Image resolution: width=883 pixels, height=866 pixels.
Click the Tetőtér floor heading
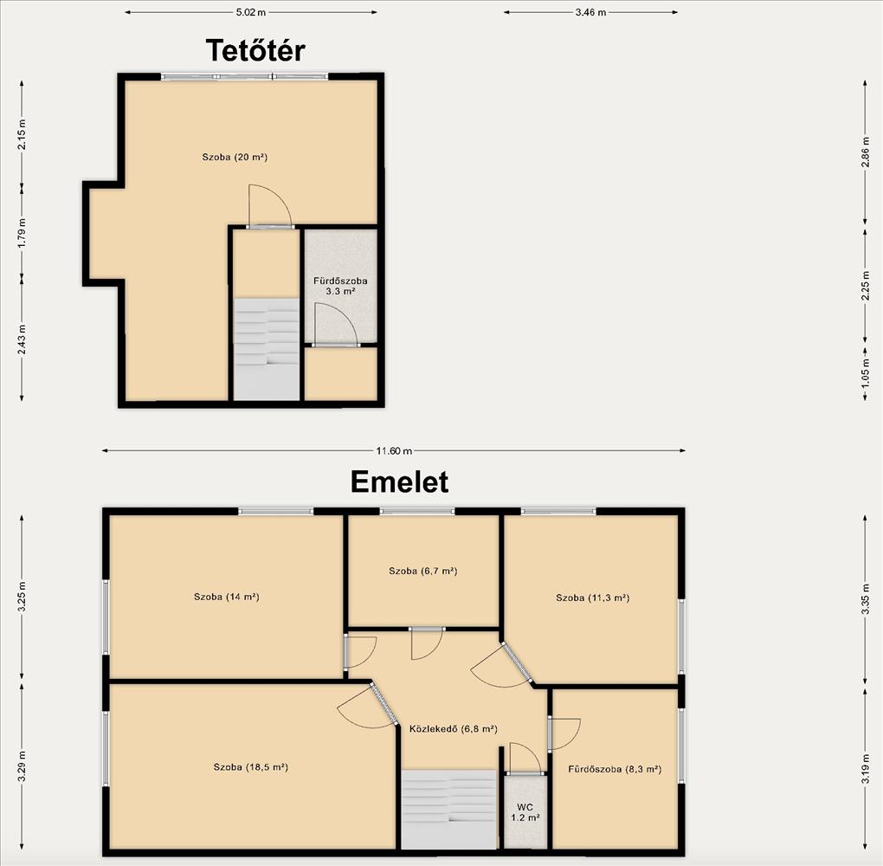255,51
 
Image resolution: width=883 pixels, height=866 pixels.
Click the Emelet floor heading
399,482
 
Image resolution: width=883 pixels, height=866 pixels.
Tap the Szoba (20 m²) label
235,158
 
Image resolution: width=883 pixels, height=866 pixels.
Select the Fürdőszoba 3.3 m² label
341,286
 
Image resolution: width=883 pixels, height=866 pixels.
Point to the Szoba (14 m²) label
227,597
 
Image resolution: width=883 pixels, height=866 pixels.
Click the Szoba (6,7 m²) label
423,571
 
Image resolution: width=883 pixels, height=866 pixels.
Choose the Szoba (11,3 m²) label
592,598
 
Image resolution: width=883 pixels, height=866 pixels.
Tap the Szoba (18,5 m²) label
250,766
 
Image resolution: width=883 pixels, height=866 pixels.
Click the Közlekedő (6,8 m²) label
454,728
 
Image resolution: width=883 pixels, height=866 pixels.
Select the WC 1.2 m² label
525,812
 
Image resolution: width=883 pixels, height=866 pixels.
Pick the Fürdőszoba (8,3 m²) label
615,769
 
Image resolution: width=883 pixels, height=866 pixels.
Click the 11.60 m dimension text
394,450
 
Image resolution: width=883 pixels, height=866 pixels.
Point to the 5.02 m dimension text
251,12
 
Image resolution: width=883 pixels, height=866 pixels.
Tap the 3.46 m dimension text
590,12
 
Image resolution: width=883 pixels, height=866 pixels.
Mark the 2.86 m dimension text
866,152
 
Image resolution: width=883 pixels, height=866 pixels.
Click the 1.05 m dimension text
866,372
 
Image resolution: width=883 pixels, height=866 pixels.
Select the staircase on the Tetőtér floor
267,349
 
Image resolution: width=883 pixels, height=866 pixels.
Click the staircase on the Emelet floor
448,809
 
